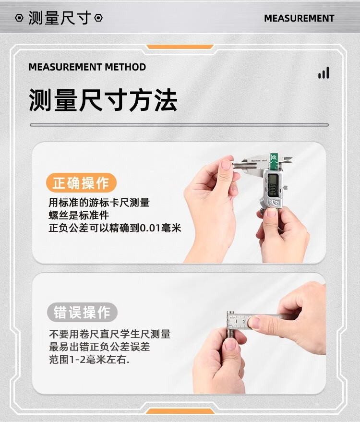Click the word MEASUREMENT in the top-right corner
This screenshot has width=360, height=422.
pos(299,18)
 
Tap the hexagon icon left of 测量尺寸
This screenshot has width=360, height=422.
pos(19,18)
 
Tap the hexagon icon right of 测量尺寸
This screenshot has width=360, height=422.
pos(98,18)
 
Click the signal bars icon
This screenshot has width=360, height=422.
pos(324,73)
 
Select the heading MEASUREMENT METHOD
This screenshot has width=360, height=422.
pos(87,67)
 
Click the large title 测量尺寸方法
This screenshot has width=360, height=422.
pos(103,100)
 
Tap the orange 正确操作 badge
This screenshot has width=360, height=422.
pos(81,183)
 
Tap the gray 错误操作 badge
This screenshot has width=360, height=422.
pos(82,312)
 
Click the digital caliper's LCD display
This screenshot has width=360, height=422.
pos(273,186)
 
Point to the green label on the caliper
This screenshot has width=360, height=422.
pos(275,161)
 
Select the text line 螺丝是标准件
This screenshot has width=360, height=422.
pos(79,215)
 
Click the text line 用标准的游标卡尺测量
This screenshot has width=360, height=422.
pos(99,203)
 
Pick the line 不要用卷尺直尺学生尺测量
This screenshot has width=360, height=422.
pos(110,334)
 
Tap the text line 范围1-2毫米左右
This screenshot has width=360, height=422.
pos(89,360)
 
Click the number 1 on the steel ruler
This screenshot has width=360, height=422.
pos(236,321)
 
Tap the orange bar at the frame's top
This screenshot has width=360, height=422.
pos(180,47)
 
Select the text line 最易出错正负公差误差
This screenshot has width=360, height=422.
pos(99,347)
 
